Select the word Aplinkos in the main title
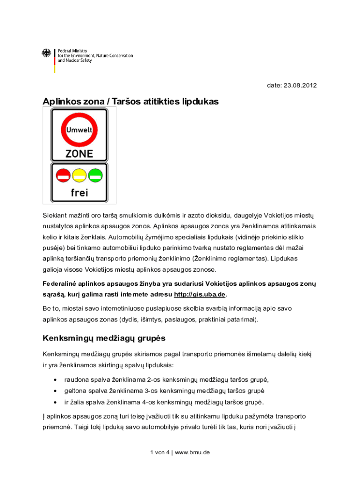(61, 102)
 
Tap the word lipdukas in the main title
(199, 102)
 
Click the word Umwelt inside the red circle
(79, 130)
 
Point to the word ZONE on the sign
(79, 153)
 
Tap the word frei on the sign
(79, 192)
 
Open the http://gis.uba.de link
(200, 294)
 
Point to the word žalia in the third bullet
(79, 402)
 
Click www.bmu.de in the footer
(193, 452)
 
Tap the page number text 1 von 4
(160, 452)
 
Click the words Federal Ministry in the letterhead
(72, 51)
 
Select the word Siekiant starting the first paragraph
(57, 215)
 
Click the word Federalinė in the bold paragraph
(61, 283)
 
